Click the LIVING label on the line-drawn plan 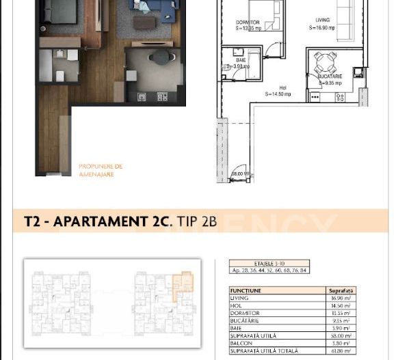(323, 20)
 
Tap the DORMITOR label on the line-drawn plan (248, 23)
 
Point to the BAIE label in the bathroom (241, 60)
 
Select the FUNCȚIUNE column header (246, 291)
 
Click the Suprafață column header (341, 291)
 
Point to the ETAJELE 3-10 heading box (269, 263)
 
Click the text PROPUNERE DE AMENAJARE (101, 170)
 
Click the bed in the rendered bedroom (61, 14)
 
